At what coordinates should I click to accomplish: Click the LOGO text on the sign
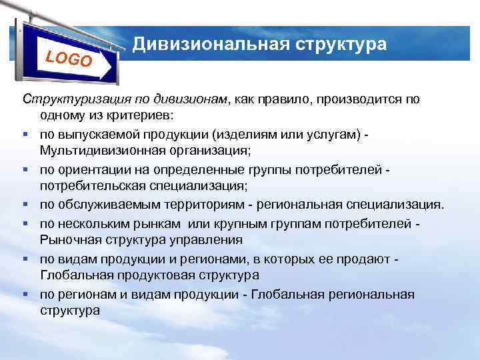pos(69,58)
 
